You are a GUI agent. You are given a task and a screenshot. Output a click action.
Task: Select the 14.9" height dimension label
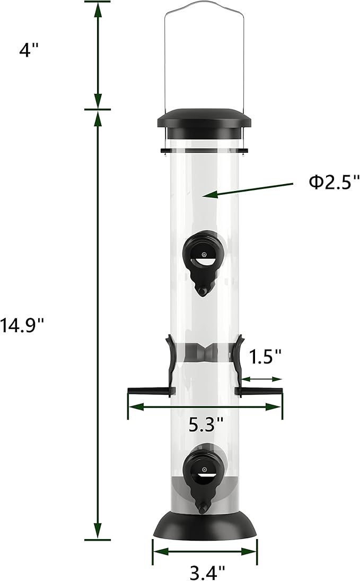(x=21, y=324)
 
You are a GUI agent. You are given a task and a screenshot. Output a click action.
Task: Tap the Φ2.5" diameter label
(x=333, y=183)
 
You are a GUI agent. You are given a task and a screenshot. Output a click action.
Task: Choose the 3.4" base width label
(x=207, y=571)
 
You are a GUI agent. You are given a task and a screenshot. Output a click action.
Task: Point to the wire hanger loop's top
(x=204, y=4)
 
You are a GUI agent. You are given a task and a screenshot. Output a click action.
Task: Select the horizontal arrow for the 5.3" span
(x=205, y=407)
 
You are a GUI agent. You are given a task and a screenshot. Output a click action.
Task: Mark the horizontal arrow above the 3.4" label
(x=205, y=552)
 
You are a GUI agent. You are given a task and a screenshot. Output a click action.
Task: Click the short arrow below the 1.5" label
(x=263, y=379)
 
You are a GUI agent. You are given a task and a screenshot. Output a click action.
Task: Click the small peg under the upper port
(x=202, y=291)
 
